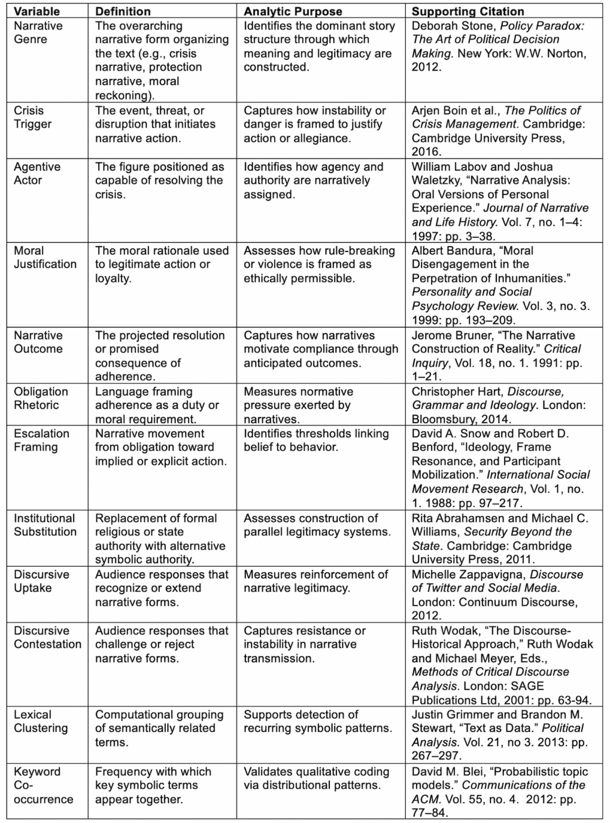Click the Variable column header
coord(36,11)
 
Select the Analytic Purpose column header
coord(293,11)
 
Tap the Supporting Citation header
coord(460,11)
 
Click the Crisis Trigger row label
coord(32,117)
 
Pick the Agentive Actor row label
coord(37,173)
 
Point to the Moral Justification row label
coord(45,257)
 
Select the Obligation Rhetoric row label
coord(41,398)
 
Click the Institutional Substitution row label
coord(45,525)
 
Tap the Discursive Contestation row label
coord(47,637)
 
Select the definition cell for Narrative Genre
coord(162,60)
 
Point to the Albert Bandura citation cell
coord(500,285)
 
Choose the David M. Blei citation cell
coord(499,792)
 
